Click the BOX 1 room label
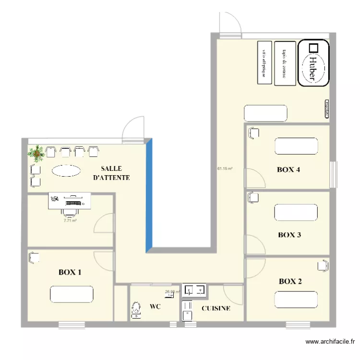70,272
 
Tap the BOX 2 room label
290,281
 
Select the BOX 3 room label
289,235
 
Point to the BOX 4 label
288,169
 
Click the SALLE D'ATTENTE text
111,173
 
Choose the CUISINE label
216,308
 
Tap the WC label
155,306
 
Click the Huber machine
313,63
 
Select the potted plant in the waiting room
36,153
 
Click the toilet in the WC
136,310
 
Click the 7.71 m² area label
71,221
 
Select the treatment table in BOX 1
72,294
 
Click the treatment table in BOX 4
296,146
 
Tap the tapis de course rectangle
285,63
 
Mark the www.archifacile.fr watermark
330,342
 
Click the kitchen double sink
195,289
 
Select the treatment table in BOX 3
296,212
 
